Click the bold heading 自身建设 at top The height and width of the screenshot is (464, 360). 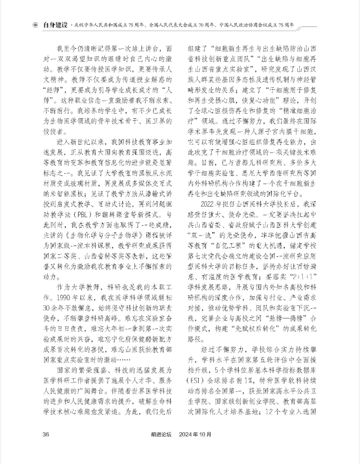56,24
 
